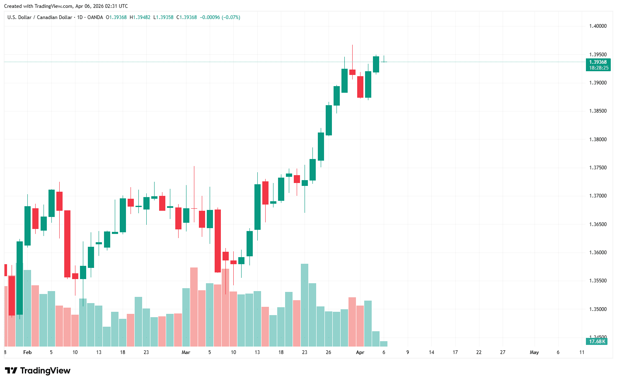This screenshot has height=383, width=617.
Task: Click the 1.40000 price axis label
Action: coord(598,26)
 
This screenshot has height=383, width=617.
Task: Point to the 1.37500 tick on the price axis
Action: coord(598,168)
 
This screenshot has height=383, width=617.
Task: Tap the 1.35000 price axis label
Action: coord(598,309)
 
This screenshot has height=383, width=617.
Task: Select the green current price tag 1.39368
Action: coord(598,62)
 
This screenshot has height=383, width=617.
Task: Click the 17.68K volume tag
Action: coord(597,342)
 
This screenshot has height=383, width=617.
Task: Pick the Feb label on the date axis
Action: coord(27,352)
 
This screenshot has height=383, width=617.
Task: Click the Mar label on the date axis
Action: coord(186,352)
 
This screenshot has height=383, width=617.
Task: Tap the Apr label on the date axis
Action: coord(360,352)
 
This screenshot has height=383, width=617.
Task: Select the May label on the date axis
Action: coord(534,352)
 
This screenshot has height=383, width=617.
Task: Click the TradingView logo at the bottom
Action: coord(38,371)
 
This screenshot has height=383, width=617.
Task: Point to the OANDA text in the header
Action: coord(95,17)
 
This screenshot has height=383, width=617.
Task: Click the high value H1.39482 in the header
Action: coord(140,17)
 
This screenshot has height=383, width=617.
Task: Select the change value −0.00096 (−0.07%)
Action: coord(220,17)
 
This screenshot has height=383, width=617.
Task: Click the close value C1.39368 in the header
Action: coord(186,17)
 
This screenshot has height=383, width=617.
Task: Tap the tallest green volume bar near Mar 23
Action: coord(305,305)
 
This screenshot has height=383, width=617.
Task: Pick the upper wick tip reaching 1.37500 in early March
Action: coord(194,166)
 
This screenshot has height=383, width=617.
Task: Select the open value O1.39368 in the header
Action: coord(116,17)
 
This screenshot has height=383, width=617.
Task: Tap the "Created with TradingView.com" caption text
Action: coord(66,6)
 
